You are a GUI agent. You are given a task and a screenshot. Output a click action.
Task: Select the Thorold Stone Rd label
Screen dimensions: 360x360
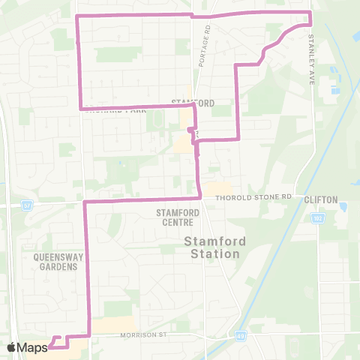coord(253,197)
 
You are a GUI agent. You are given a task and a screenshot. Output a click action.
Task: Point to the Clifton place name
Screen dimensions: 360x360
coord(320,200)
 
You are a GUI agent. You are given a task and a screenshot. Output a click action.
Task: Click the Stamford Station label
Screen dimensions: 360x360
coord(212,247)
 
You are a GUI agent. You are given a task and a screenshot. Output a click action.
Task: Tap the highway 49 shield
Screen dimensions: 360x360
coord(239,336)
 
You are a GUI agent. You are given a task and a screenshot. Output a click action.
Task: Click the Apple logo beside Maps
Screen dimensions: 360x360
coord(11,347)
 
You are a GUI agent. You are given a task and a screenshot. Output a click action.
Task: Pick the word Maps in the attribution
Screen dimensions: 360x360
coord(32,347)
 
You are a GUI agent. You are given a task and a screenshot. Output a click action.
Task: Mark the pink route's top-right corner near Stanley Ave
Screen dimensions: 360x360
coord(310,13)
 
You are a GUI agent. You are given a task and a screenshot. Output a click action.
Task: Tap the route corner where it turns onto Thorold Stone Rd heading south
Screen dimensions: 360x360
coord(84,202)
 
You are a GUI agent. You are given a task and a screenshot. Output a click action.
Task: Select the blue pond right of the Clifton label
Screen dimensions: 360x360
coord(343,206)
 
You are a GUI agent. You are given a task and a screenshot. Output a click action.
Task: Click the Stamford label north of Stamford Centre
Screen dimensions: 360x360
coord(193,103)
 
